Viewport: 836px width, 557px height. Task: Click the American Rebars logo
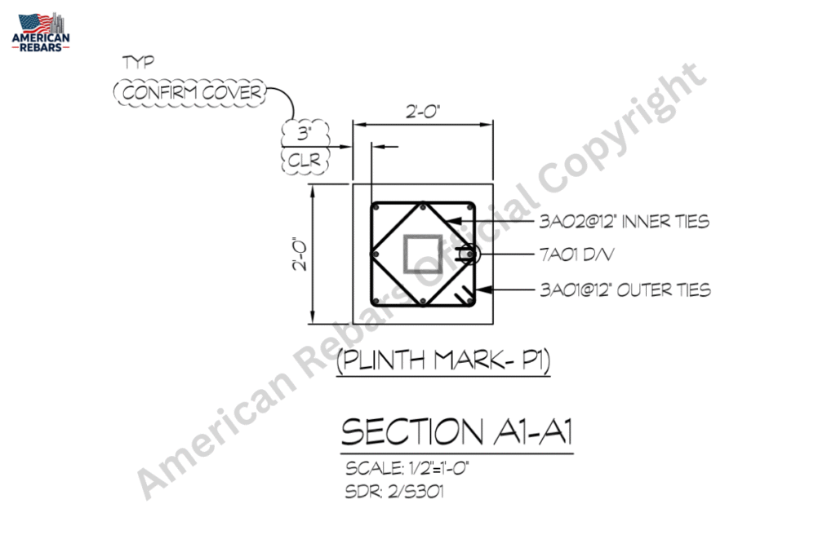pos(41,32)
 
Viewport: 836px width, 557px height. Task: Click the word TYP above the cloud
pos(138,62)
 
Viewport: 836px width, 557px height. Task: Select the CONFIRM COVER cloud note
pos(190,93)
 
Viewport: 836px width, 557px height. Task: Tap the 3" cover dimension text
pos(305,133)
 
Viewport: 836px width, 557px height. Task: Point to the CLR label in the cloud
pos(305,161)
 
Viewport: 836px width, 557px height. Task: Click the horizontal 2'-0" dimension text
pos(423,112)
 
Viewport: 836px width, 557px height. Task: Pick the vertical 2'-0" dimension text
pos(300,254)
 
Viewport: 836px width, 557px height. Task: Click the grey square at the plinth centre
pos(423,254)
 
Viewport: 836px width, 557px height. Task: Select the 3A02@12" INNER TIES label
pos(625,221)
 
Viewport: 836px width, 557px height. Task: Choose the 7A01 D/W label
pos(576,254)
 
